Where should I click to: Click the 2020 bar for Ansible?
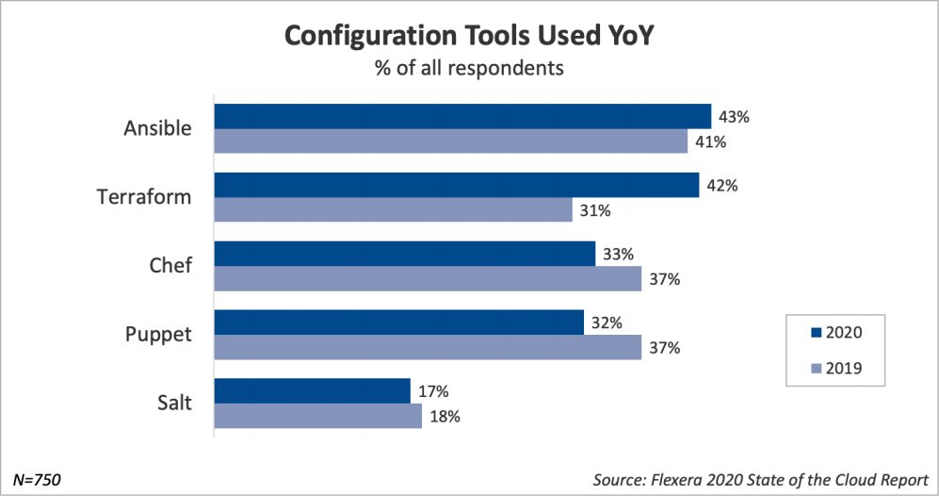pos(462,116)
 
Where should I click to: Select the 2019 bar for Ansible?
pos(451,141)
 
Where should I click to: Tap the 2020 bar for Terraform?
pos(457,185)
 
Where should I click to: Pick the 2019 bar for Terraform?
pos(394,209)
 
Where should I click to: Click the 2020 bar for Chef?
pos(405,254)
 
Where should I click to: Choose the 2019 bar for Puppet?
pos(428,347)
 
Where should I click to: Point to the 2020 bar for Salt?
pos(313,390)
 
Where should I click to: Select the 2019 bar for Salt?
pos(318,416)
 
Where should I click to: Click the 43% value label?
pos(734,116)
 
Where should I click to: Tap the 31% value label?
pos(596,209)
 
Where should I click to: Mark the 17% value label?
pos(433,390)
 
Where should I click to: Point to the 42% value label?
pos(721,185)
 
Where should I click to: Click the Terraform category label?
pos(145,197)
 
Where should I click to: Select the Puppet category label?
pos(157,335)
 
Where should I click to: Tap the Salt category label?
pos(173,404)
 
